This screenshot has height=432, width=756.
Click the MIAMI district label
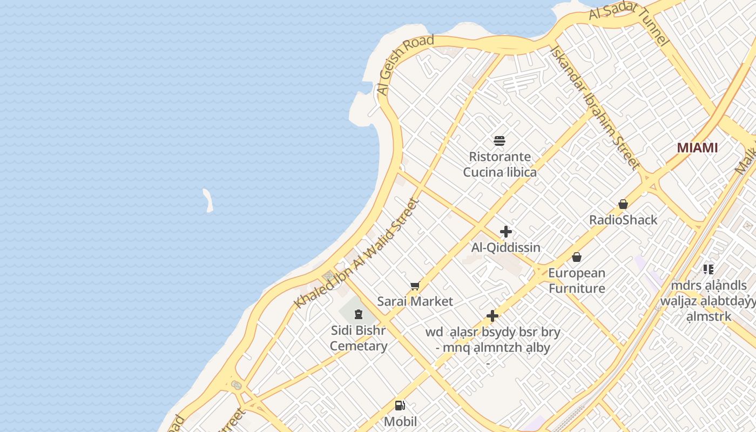pyautogui.click(x=697, y=147)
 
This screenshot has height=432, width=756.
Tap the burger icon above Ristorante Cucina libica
pyautogui.click(x=500, y=141)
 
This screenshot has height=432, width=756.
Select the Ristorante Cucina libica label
pyautogui.click(x=500, y=165)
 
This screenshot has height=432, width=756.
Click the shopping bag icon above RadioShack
pyautogui.click(x=623, y=204)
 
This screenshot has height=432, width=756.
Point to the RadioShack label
pyautogui.click(x=623, y=220)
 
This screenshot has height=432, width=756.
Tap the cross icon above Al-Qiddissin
pyautogui.click(x=506, y=232)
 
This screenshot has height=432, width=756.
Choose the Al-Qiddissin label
pyautogui.click(x=506, y=247)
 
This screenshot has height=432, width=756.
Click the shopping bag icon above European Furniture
pyautogui.click(x=577, y=257)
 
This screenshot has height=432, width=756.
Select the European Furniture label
pyautogui.click(x=577, y=281)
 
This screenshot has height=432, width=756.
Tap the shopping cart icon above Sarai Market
pyautogui.click(x=415, y=286)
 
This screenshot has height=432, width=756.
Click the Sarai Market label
pyautogui.click(x=415, y=301)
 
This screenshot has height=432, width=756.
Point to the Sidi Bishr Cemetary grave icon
pyautogui.click(x=358, y=314)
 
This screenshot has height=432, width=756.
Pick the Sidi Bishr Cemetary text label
pyautogui.click(x=359, y=338)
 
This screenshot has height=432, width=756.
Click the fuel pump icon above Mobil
pyautogui.click(x=400, y=406)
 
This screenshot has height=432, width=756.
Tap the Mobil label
pyautogui.click(x=400, y=421)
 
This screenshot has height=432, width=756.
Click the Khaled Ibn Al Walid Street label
pyautogui.click(x=357, y=254)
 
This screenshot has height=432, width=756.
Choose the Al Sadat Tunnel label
pyautogui.click(x=630, y=22)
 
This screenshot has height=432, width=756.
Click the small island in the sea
pyautogui.click(x=207, y=200)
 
